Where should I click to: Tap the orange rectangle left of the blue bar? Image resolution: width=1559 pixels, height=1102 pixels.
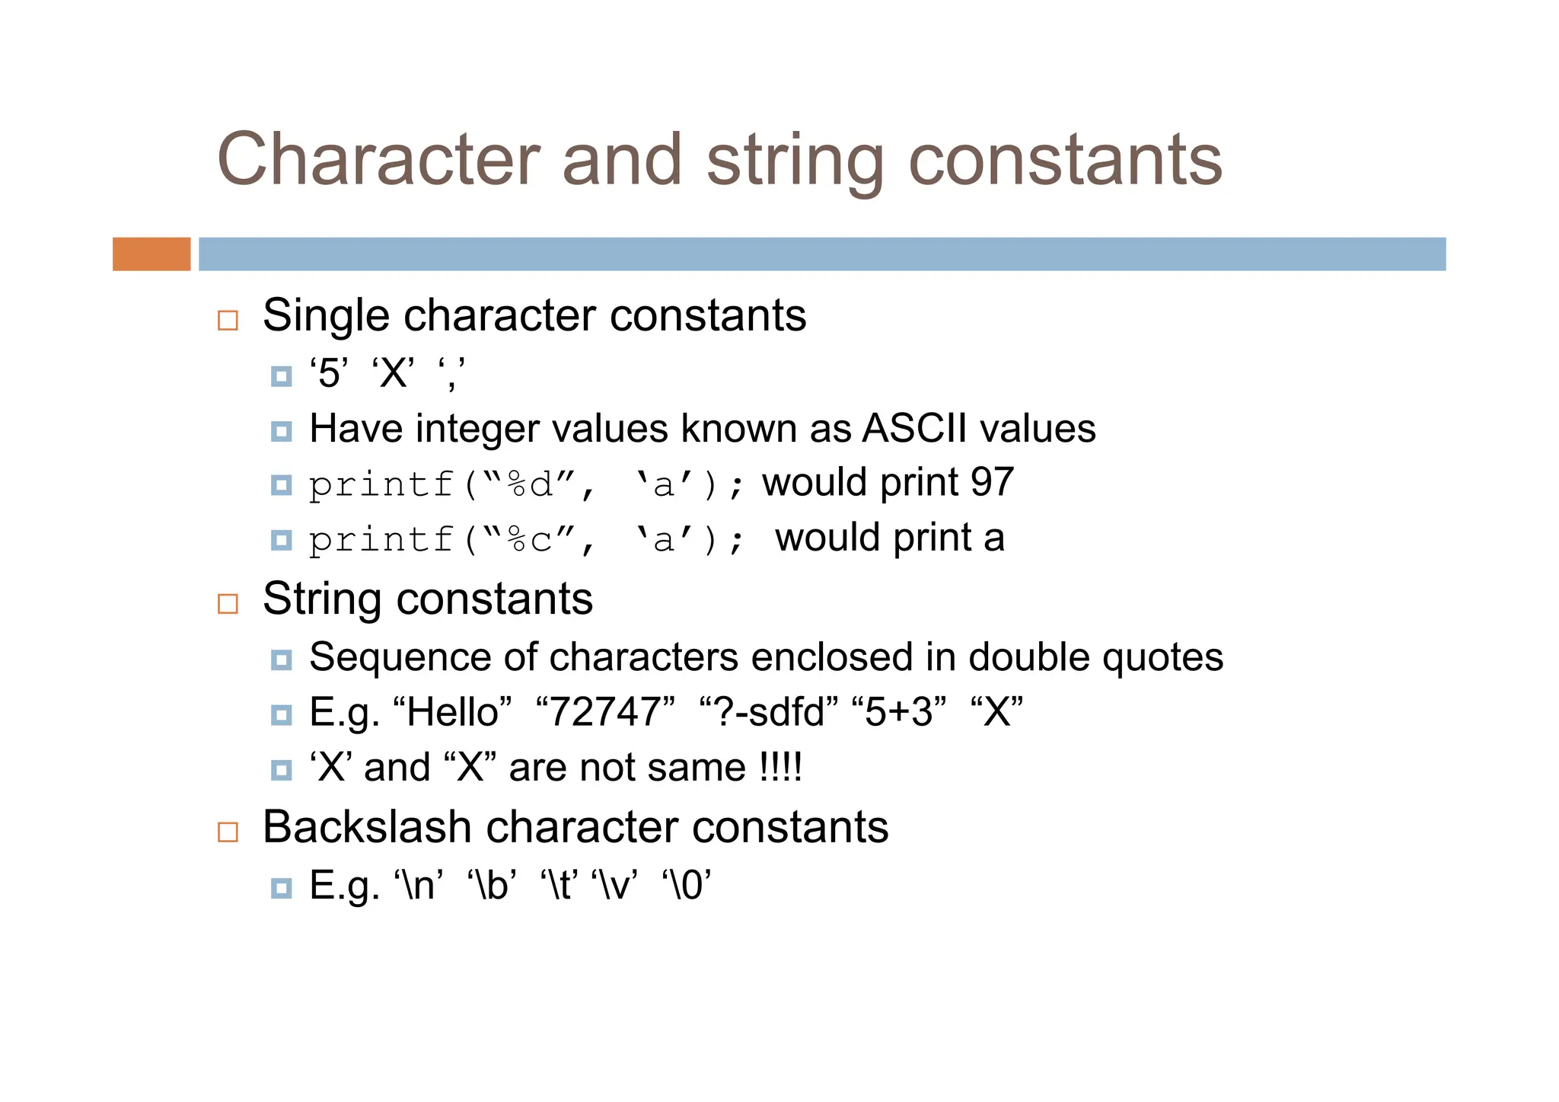151,254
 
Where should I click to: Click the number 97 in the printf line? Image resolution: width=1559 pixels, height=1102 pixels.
992,482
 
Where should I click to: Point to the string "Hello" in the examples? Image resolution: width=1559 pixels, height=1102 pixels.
452,712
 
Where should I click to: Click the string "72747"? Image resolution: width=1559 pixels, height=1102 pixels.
605,712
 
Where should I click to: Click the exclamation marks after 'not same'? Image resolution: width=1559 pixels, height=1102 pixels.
781,767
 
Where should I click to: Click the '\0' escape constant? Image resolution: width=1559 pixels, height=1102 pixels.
687,885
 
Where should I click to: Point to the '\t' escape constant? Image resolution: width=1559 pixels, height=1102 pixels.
559,885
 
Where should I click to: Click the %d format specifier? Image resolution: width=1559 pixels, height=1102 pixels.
530,484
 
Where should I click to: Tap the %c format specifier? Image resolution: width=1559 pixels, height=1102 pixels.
530,540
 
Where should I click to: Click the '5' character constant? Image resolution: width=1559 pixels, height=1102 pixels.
329,373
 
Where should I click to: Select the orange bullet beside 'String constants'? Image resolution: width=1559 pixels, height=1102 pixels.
228,604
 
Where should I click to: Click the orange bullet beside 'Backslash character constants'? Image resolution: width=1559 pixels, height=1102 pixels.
228,832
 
